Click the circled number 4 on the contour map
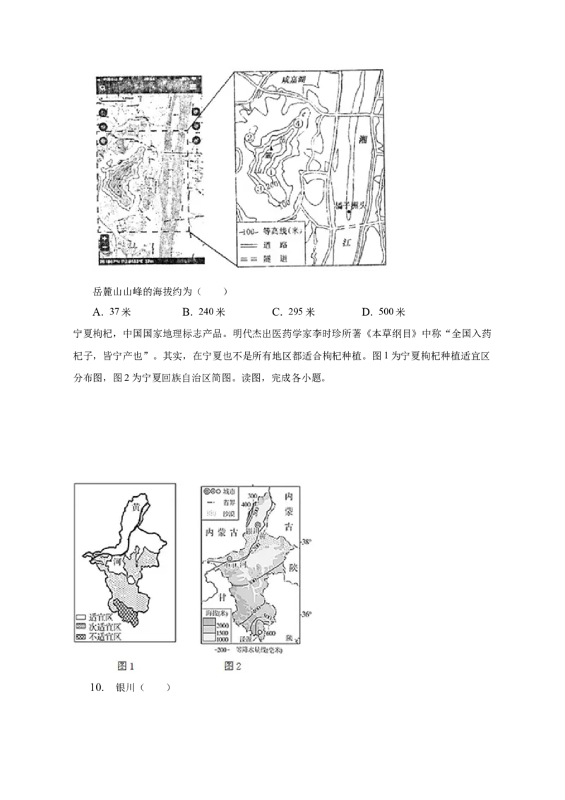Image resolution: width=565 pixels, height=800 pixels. pyautogui.click(x=299, y=122)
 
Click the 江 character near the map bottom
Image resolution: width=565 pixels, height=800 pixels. pyautogui.click(x=347, y=242)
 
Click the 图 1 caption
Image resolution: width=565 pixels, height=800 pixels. pyautogui.click(x=124, y=666)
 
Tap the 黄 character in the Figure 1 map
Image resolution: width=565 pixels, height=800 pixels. pyautogui.click(x=136, y=506)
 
